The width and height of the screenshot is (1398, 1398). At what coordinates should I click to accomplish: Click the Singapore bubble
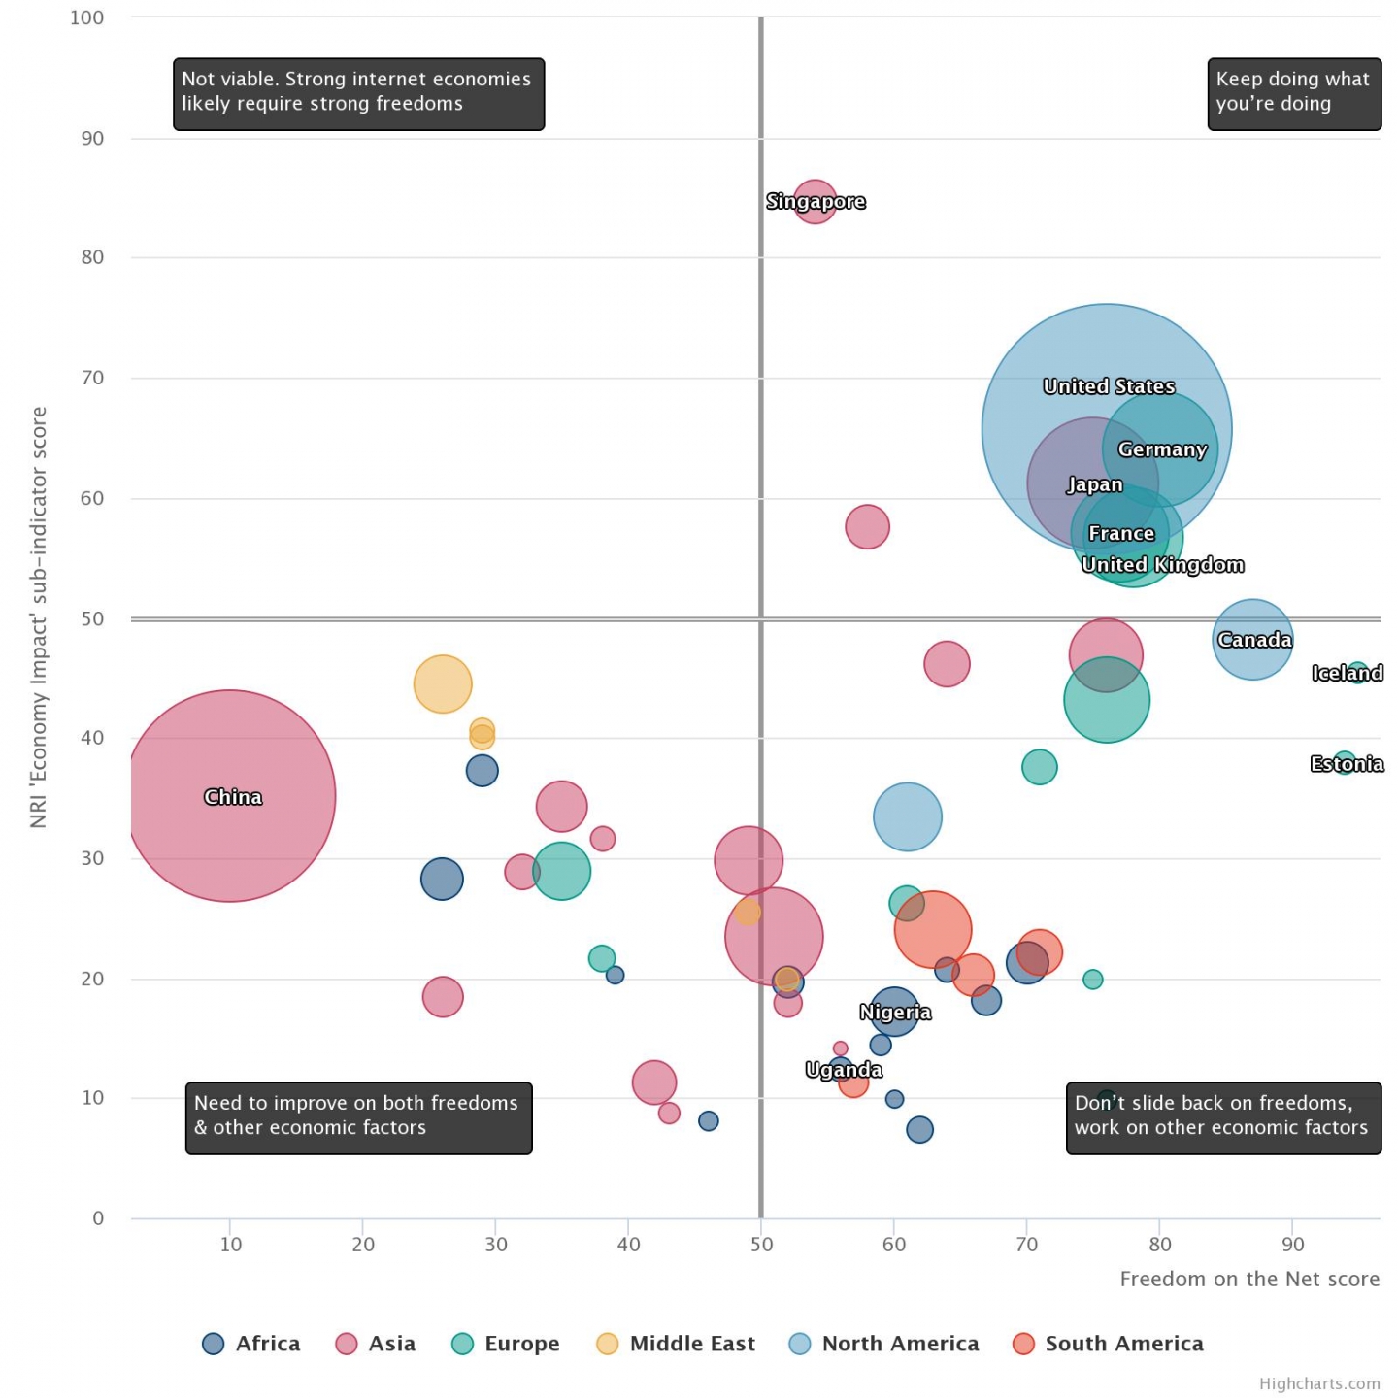815,201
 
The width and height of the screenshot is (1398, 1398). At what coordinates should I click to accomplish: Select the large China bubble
229,796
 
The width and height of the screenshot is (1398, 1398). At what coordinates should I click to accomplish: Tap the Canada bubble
1252,639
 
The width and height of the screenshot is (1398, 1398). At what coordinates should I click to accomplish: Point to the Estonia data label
1347,764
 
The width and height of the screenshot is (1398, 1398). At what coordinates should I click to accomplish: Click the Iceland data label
1347,673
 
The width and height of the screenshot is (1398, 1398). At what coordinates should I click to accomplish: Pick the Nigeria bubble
894,1012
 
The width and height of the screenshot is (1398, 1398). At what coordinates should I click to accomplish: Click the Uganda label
844,1070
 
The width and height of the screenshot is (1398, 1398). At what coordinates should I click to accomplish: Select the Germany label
1161,449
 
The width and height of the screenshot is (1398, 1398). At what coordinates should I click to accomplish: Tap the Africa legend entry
251,1344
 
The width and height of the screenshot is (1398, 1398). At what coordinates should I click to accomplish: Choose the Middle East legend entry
676,1344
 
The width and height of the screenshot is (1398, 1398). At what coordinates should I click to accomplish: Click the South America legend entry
1108,1344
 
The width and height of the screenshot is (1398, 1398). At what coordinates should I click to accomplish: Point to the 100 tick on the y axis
86,17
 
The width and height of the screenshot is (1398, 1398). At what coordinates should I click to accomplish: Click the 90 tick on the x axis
1292,1245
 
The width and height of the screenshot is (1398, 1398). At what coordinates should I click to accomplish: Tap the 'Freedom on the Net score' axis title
1249,1279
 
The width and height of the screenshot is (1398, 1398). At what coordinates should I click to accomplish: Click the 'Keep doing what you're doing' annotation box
1293,93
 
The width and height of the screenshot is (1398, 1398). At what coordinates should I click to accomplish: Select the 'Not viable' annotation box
358,93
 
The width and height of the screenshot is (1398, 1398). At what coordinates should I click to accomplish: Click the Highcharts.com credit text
1319,1383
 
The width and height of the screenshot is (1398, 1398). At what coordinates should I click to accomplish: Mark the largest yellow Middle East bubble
443,683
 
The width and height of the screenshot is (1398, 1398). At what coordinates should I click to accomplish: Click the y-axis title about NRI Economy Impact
39,617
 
